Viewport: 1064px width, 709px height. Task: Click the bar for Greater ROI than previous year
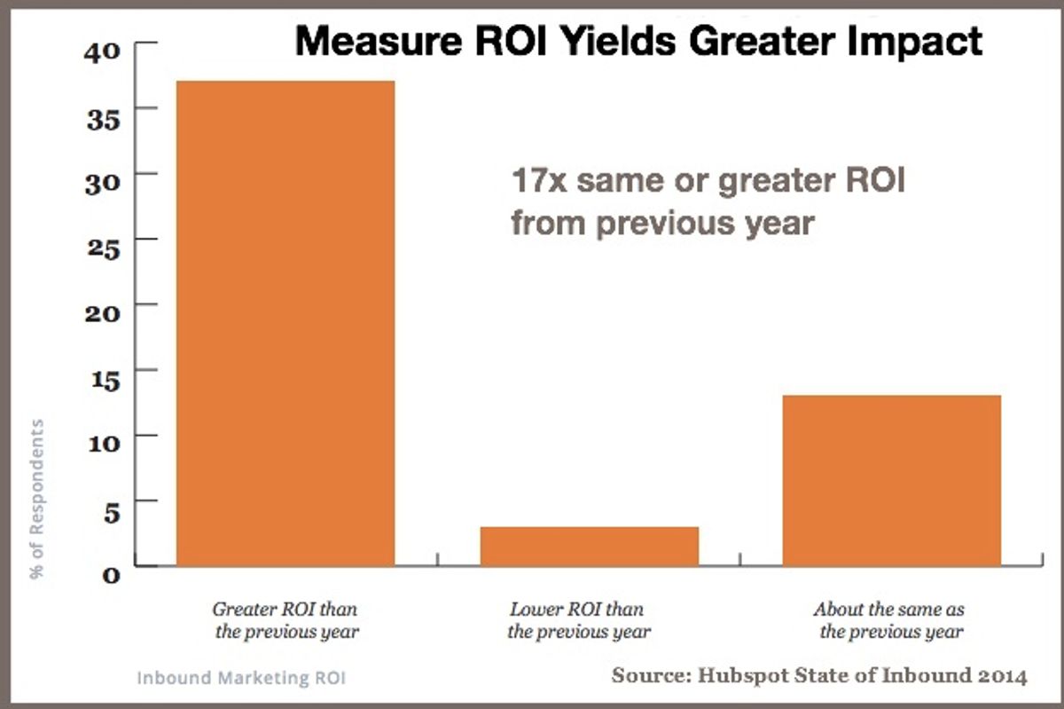point(286,323)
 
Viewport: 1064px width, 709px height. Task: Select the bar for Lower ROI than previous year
point(590,546)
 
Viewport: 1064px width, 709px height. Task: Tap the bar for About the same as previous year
point(891,480)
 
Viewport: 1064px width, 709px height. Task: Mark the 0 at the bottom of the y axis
point(109,574)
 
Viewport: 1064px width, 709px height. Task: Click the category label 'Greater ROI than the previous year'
point(286,621)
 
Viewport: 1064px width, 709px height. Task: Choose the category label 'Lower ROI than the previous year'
point(578,621)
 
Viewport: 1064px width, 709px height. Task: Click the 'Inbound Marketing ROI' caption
point(240,678)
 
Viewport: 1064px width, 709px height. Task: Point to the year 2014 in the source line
point(1002,676)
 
